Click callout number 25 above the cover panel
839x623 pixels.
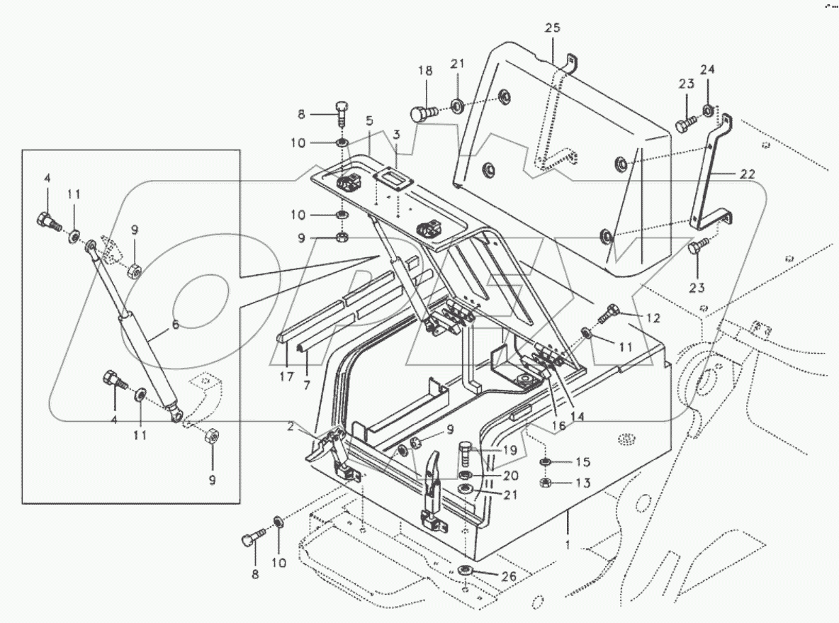(552, 28)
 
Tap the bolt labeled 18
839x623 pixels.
(423, 113)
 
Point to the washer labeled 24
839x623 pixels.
(708, 110)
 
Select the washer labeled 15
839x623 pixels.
(546, 463)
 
